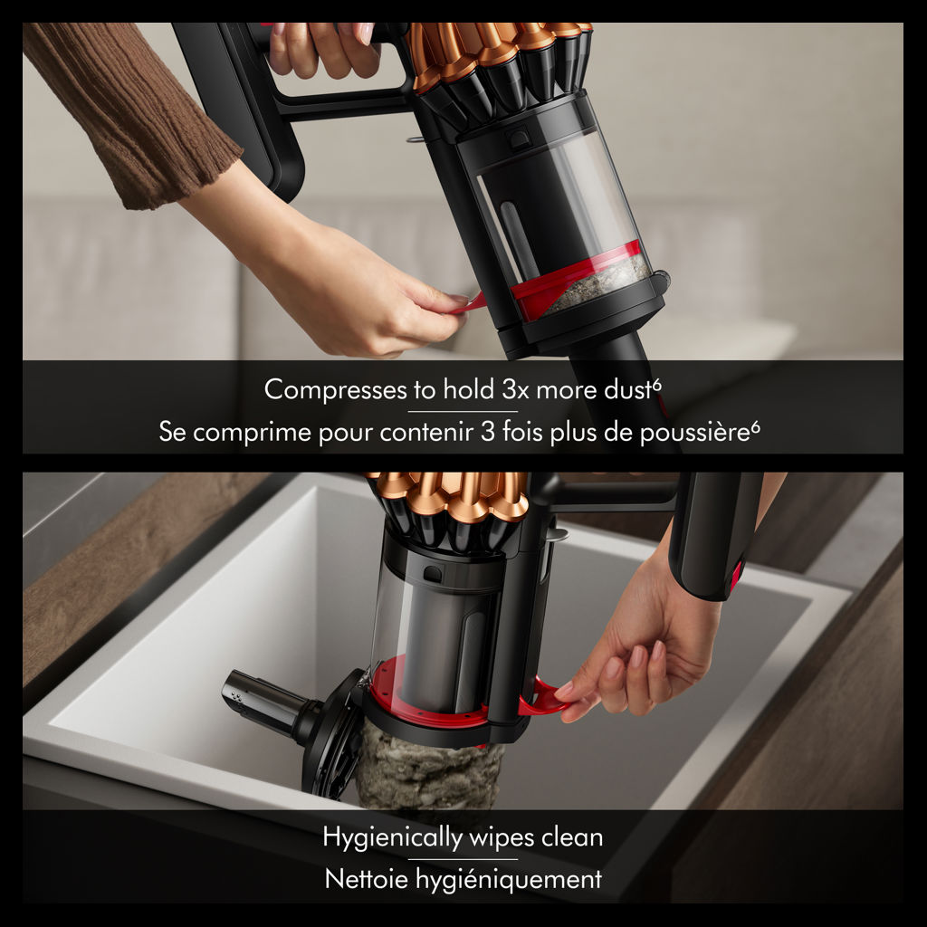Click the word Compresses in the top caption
[x=335, y=390]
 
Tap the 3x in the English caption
[x=515, y=390]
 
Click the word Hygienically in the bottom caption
[x=392, y=838]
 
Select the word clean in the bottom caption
[x=572, y=837]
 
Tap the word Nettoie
[x=367, y=879]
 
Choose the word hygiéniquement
[x=509, y=880]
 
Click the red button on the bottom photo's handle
[x=736, y=578]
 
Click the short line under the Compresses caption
[x=463, y=412]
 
